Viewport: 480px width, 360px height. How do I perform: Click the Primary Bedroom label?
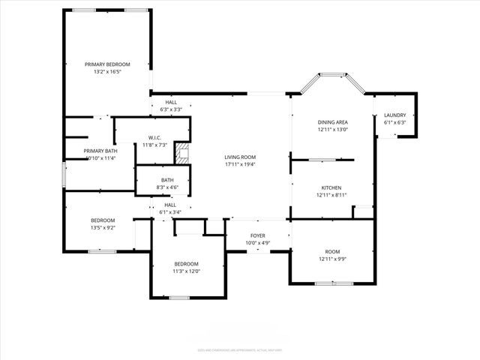pyautogui.click(x=107, y=65)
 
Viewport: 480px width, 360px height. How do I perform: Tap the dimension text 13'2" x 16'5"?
pyautogui.click(x=107, y=73)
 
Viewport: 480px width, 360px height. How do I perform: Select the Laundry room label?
pyautogui.click(x=394, y=115)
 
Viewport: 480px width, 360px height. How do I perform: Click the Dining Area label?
pyautogui.click(x=331, y=121)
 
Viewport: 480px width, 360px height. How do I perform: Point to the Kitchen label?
pyautogui.click(x=331, y=187)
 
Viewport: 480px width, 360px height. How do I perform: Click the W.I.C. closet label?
pyautogui.click(x=155, y=136)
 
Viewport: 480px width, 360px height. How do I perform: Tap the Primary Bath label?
pyautogui.click(x=100, y=151)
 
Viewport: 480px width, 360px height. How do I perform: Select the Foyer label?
pyautogui.click(x=257, y=235)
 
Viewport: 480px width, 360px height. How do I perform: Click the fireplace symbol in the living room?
pyautogui.click(x=181, y=153)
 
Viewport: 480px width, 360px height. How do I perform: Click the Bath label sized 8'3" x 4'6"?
pyautogui.click(x=167, y=180)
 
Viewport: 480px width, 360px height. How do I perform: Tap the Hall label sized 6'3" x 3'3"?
pyautogui.click(x=171, y=102)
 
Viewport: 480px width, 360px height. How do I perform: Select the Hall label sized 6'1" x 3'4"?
pyautogui.click(x=170, y=205)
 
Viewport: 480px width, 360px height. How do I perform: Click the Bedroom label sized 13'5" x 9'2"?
pyautogui.click(x=103, y=220)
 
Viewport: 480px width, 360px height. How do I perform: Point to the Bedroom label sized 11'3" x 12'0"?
pyautogui.click(x=186, y=263)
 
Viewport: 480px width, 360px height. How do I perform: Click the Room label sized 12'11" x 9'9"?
pyautogui.click(x=331, y=251)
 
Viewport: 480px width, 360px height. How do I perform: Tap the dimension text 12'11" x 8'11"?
pyautogui.click(x=331, y=195)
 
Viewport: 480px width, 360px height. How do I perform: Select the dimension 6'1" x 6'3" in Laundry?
pyautogui.click(x=394, y=122)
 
